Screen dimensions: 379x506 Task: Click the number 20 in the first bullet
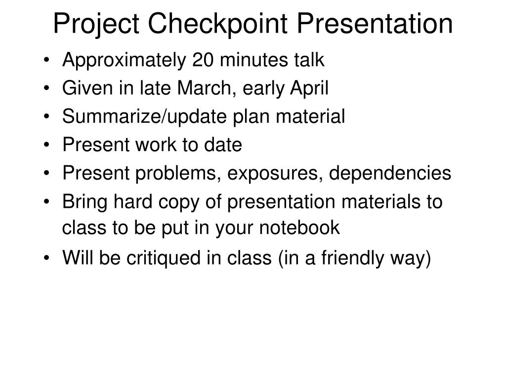point(204,60)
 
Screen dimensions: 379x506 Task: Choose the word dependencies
point(390,173)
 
